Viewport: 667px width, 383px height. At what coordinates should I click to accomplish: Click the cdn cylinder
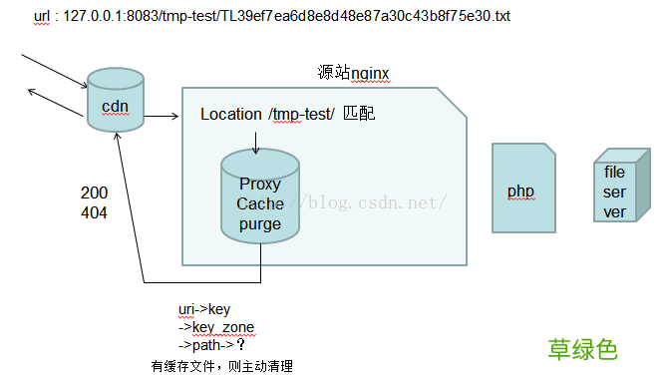pos(116,100)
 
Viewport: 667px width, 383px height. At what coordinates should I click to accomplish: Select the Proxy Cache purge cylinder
pos(260,199)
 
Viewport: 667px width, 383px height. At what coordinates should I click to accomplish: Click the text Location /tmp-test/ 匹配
pos(287,115)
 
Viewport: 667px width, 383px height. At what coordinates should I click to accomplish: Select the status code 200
pos(94,192)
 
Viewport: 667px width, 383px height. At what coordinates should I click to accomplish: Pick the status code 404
pos(94,212)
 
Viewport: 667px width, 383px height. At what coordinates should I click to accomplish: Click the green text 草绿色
pos(582,349)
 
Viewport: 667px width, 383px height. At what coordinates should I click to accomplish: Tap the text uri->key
pos(204,310)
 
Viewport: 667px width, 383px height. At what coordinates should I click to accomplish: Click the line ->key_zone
pos(216,327)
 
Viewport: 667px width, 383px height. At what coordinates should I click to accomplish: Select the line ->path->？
pos(211,345)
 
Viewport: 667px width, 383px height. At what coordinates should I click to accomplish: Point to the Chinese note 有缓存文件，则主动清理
pos(221,366)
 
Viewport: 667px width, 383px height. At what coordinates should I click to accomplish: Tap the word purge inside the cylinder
pos(260,224)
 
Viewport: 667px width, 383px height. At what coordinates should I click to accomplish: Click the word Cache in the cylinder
pos(260,204)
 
